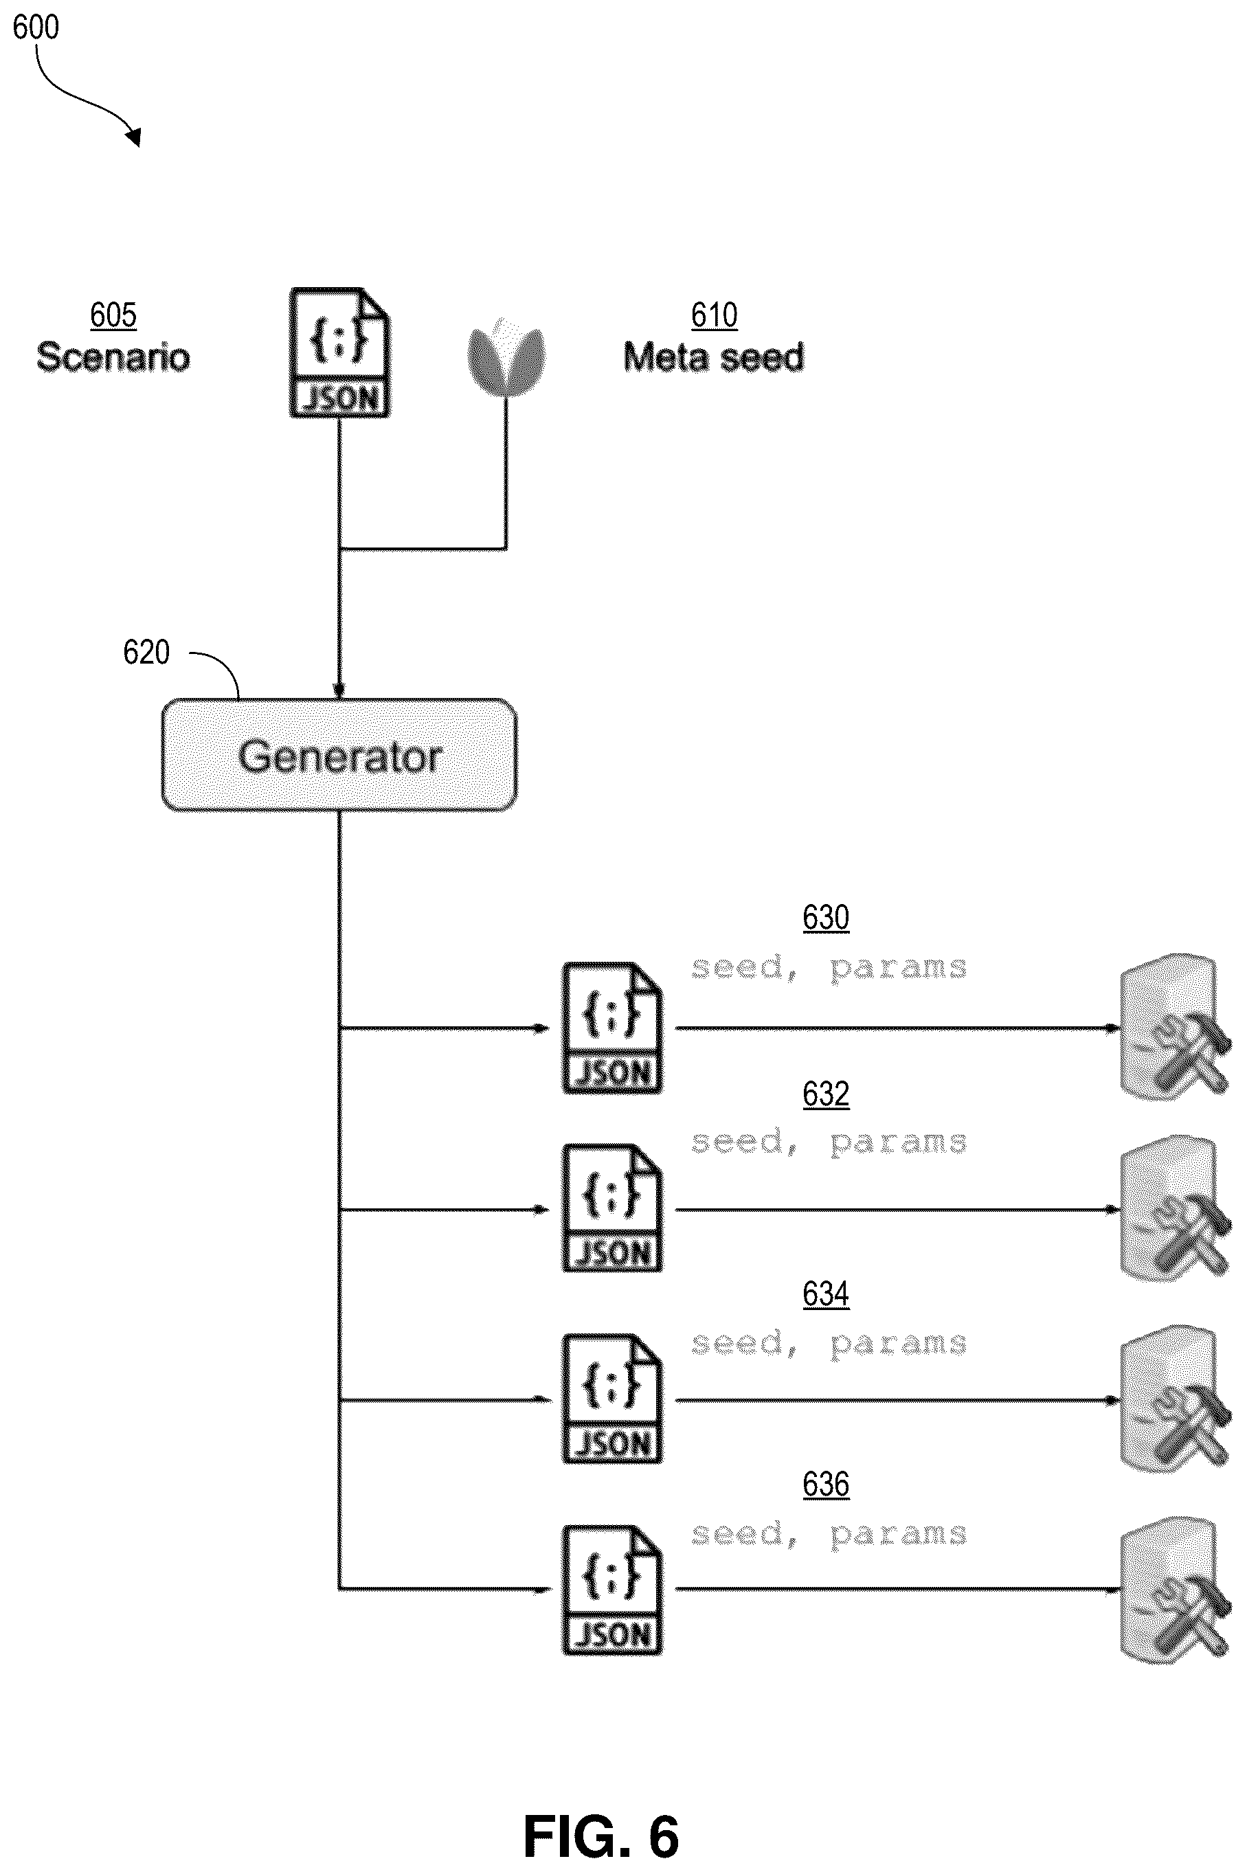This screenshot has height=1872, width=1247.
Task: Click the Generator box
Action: point(339,755)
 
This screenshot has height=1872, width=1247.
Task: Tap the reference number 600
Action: point(36,28)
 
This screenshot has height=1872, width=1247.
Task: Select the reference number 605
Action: point(113,315)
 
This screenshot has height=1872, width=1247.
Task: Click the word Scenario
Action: point(113,357)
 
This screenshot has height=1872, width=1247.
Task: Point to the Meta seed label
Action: point(713,357)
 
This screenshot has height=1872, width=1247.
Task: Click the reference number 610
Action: point(714,315)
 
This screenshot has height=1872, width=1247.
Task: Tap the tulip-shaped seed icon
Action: point(506,357)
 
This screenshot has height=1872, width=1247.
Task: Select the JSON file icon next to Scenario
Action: point(339,352)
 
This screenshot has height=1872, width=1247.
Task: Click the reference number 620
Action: point(146,652)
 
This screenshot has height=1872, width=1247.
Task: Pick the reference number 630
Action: point(826,918)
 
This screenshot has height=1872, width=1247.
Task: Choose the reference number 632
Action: point(826,1094)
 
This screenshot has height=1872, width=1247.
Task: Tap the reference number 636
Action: point(826,1485)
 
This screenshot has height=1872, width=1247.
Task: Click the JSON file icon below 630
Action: point(612,1028)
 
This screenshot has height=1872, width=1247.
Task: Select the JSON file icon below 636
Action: point(612,1590)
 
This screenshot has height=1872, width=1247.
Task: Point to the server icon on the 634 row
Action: point(1176,1397)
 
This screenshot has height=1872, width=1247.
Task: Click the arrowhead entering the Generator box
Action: point(339,691)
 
